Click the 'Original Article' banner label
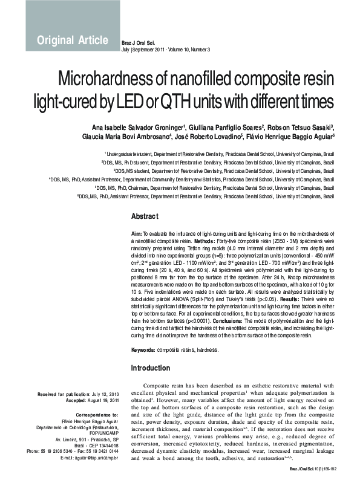(72, 41)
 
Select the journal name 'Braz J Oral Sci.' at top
(139, 42)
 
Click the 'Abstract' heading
(145, 216)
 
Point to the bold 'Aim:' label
(136, 233)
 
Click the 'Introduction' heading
(151, 368)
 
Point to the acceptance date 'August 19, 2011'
(102, 401)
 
